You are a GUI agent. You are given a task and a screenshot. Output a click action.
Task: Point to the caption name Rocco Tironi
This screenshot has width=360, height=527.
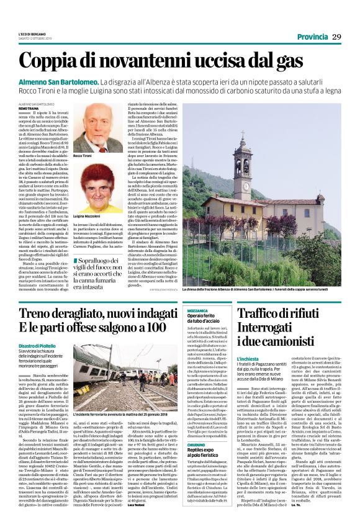point(83,156)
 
